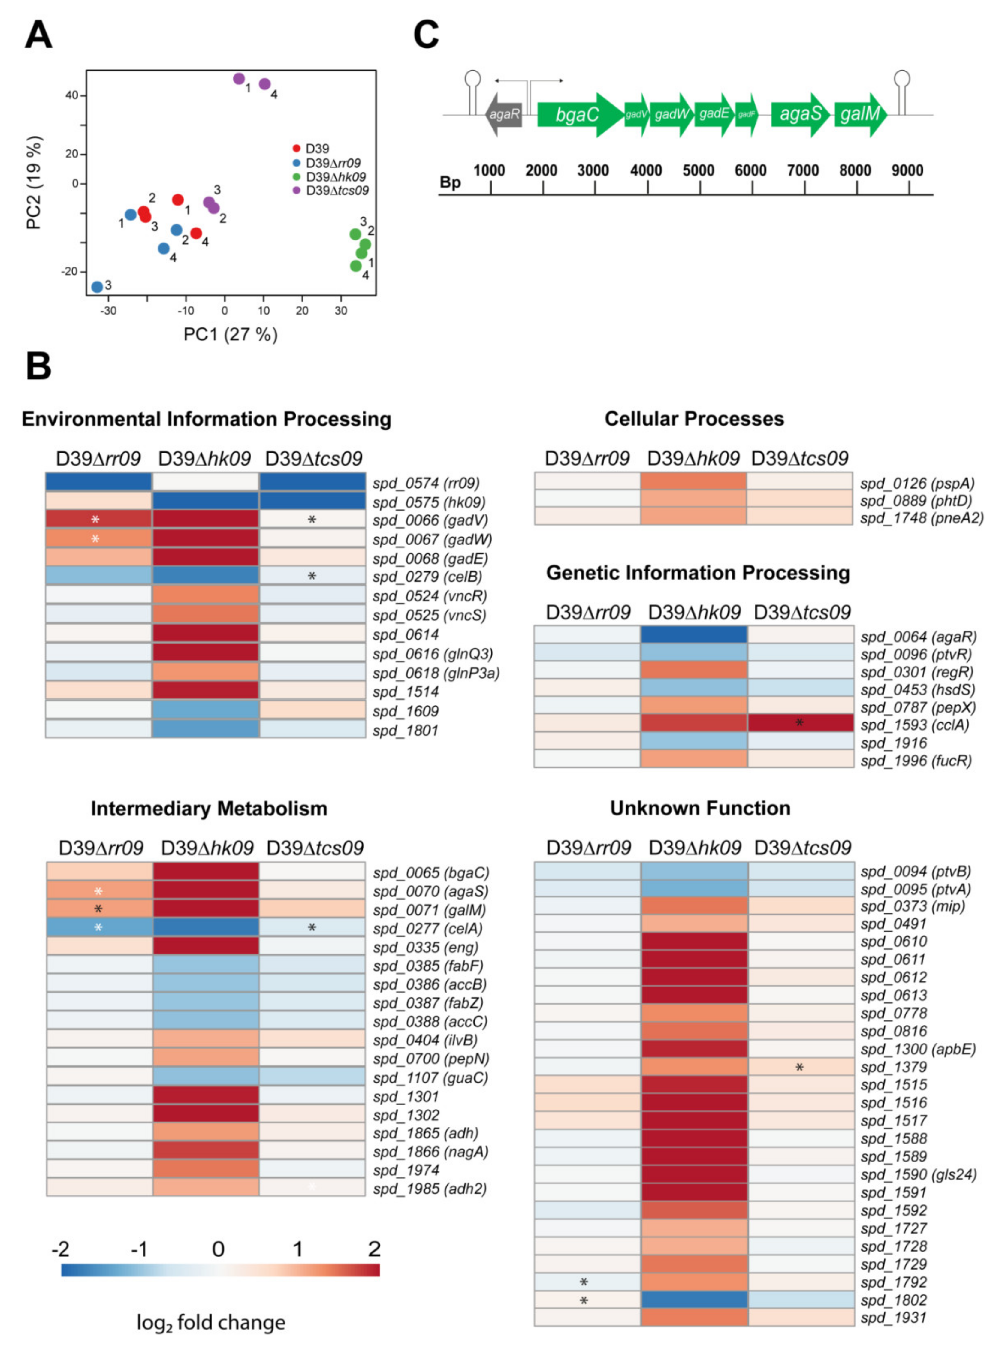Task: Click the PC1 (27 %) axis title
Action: (231, 334)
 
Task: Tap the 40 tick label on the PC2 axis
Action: (71, 95)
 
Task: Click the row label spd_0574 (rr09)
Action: (426, 484)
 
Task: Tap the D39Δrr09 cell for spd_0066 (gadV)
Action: (98, 519)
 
